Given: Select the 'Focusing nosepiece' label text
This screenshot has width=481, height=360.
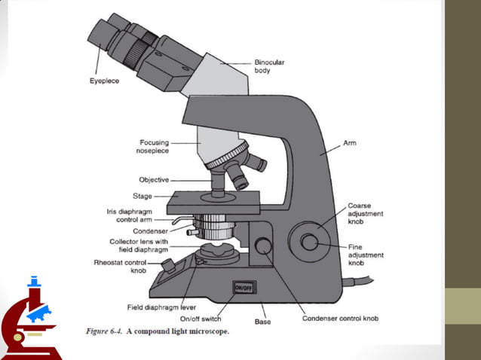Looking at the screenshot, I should [x=154, y=146].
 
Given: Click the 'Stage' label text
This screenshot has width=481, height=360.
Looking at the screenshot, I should [x=154, y=196].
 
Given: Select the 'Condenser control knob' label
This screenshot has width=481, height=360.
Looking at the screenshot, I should [x=340, y=319].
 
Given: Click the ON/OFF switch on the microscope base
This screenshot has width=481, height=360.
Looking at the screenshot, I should [x=244, y=287].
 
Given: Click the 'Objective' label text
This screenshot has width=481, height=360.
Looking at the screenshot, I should [x=154, y=180].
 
